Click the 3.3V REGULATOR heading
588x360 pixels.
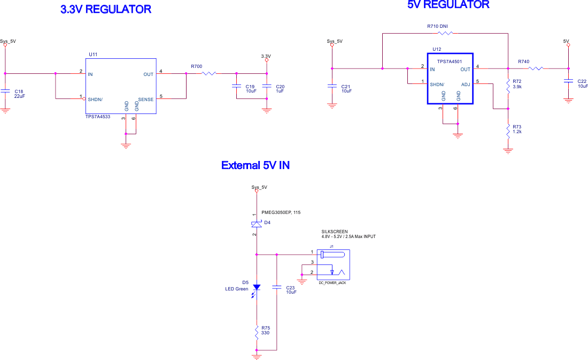click(x=105, y=9)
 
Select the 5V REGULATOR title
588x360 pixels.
click(x=448, y=5)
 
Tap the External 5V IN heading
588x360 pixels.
click(x=256, y=165)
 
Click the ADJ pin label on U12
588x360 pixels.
click(x=466, y=83)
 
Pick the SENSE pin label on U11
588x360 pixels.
click(x=145, y=99)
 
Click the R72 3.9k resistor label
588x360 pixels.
click(x=517, y=84)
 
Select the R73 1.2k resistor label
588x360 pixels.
click(x=517, y=129)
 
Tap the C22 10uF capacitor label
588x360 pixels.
click(x=582, y=83)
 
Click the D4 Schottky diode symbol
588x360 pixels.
click(x=257, y=224)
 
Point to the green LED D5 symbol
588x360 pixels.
click(x=257, y=287)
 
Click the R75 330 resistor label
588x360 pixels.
click(x=265, y=330)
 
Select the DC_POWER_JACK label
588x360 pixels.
click(x=332, y=283)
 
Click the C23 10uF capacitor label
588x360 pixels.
click(x=291, y=289)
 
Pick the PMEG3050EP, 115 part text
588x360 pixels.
click(x=281, y=212)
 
